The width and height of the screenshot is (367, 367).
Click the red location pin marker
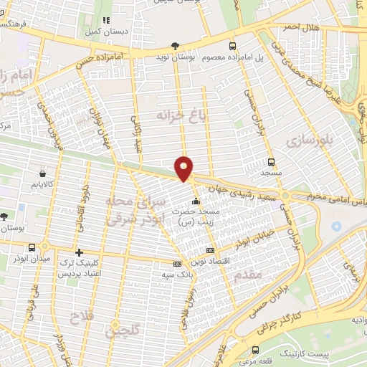pos(184,168)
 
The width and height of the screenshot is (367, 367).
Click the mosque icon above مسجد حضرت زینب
pos(196,201)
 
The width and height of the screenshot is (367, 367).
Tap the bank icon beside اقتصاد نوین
pos(210,250)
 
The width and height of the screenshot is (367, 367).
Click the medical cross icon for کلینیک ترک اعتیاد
pos(80,252)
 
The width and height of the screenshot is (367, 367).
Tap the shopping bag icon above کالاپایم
pos(44,173)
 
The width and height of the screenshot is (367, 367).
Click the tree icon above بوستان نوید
pos(176,44)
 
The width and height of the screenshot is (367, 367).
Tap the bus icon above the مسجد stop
pos(271,161)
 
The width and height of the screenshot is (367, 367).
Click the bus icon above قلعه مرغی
pos(256,350)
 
